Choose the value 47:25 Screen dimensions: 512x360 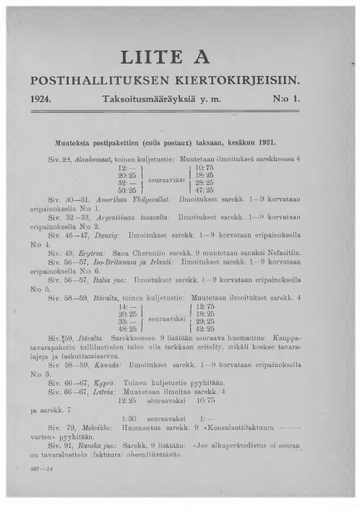[x=229, y=189]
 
